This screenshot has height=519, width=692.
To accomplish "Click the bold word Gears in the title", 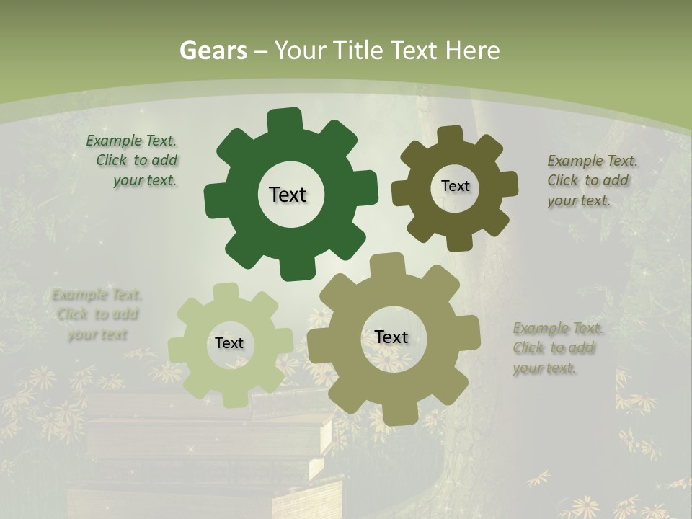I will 213,50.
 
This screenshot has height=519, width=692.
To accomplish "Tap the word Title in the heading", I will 357,50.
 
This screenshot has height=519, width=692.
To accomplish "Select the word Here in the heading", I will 472,50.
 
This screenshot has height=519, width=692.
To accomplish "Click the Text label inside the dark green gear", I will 288,195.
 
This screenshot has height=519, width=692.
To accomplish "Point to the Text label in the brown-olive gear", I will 455,186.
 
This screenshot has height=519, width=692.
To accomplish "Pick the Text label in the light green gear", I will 229,343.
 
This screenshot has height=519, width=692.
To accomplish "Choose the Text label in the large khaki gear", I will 391,337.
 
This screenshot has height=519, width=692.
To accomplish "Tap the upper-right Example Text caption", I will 591,180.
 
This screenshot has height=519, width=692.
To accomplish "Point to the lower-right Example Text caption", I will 556,348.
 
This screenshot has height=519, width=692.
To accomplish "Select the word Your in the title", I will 301,50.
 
